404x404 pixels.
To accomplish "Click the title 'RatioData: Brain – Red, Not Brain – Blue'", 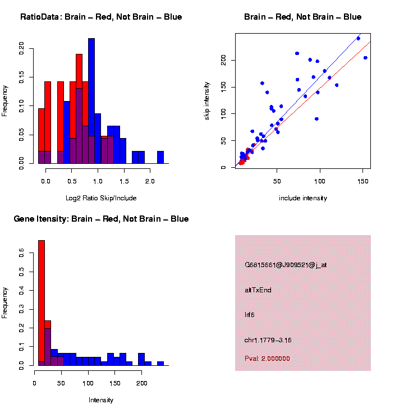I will coord(101,17).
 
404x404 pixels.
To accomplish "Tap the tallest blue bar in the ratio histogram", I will coord(91,101).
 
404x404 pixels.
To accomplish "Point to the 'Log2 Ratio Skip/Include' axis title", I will coord(101,198).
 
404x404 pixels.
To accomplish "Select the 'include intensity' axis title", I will coord(303,198).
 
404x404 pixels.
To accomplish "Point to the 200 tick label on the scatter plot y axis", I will coord(224,60).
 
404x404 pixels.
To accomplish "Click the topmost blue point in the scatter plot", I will coord(359,38).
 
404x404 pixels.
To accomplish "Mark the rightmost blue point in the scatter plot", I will coord(365,58).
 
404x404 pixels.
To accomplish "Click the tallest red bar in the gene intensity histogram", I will coord(42,303).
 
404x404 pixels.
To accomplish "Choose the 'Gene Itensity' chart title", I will coord(101,219).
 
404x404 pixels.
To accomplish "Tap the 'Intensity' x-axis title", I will coord(101,400).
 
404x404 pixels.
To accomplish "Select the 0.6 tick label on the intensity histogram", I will coord(22,254).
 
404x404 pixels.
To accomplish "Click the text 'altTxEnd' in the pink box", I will coord(258,290).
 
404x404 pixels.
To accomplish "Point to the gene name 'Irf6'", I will coord(250,315).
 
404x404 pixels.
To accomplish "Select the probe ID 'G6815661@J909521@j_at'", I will coord(286,265).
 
